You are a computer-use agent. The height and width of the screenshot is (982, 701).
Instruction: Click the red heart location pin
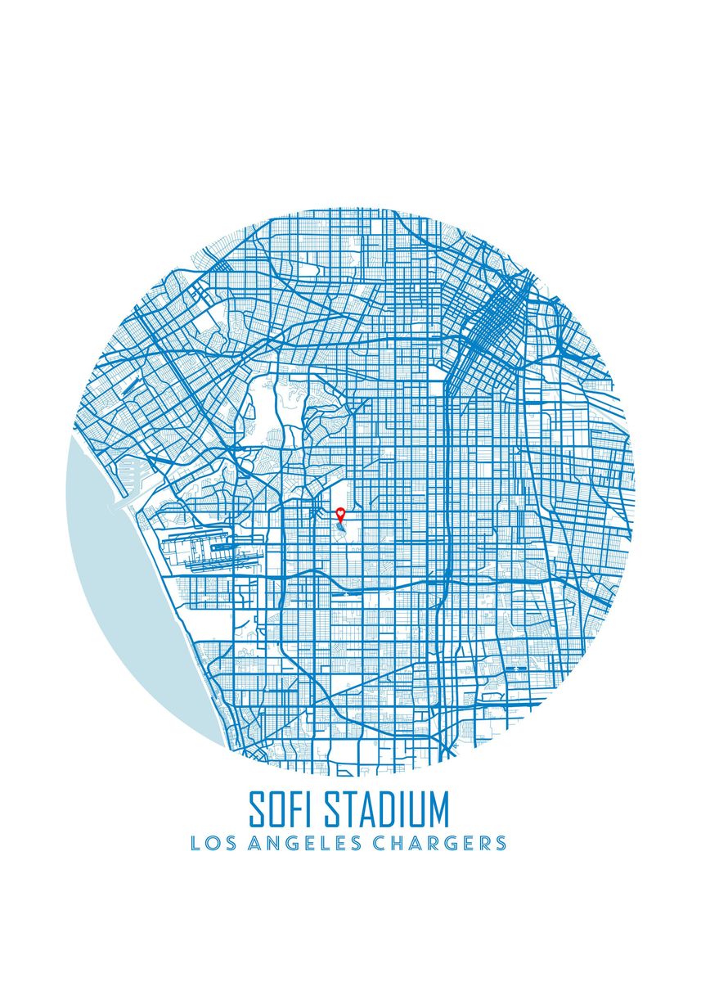(341, 514)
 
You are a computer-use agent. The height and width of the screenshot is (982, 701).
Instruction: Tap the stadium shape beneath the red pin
(339, 531)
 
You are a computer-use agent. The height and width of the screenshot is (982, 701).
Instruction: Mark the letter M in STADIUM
(438, 809)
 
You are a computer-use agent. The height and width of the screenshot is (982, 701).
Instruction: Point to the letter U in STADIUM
(416, 809)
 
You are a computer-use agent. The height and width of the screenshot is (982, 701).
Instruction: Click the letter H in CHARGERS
(400, 843)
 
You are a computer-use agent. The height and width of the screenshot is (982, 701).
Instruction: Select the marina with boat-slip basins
(131, 479)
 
